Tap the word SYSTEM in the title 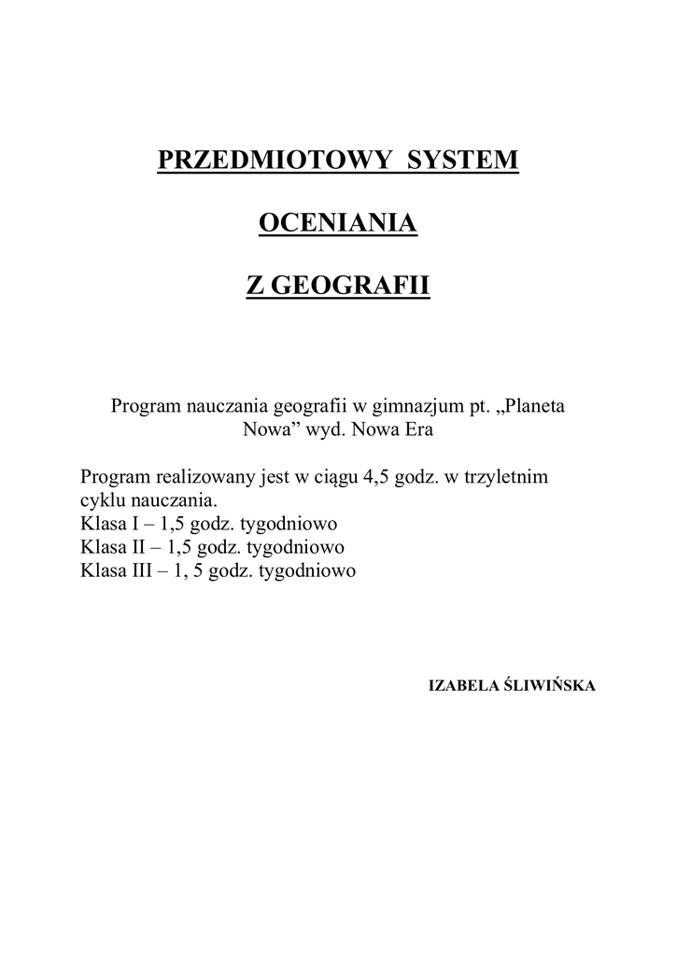462,160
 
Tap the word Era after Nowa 416,431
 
